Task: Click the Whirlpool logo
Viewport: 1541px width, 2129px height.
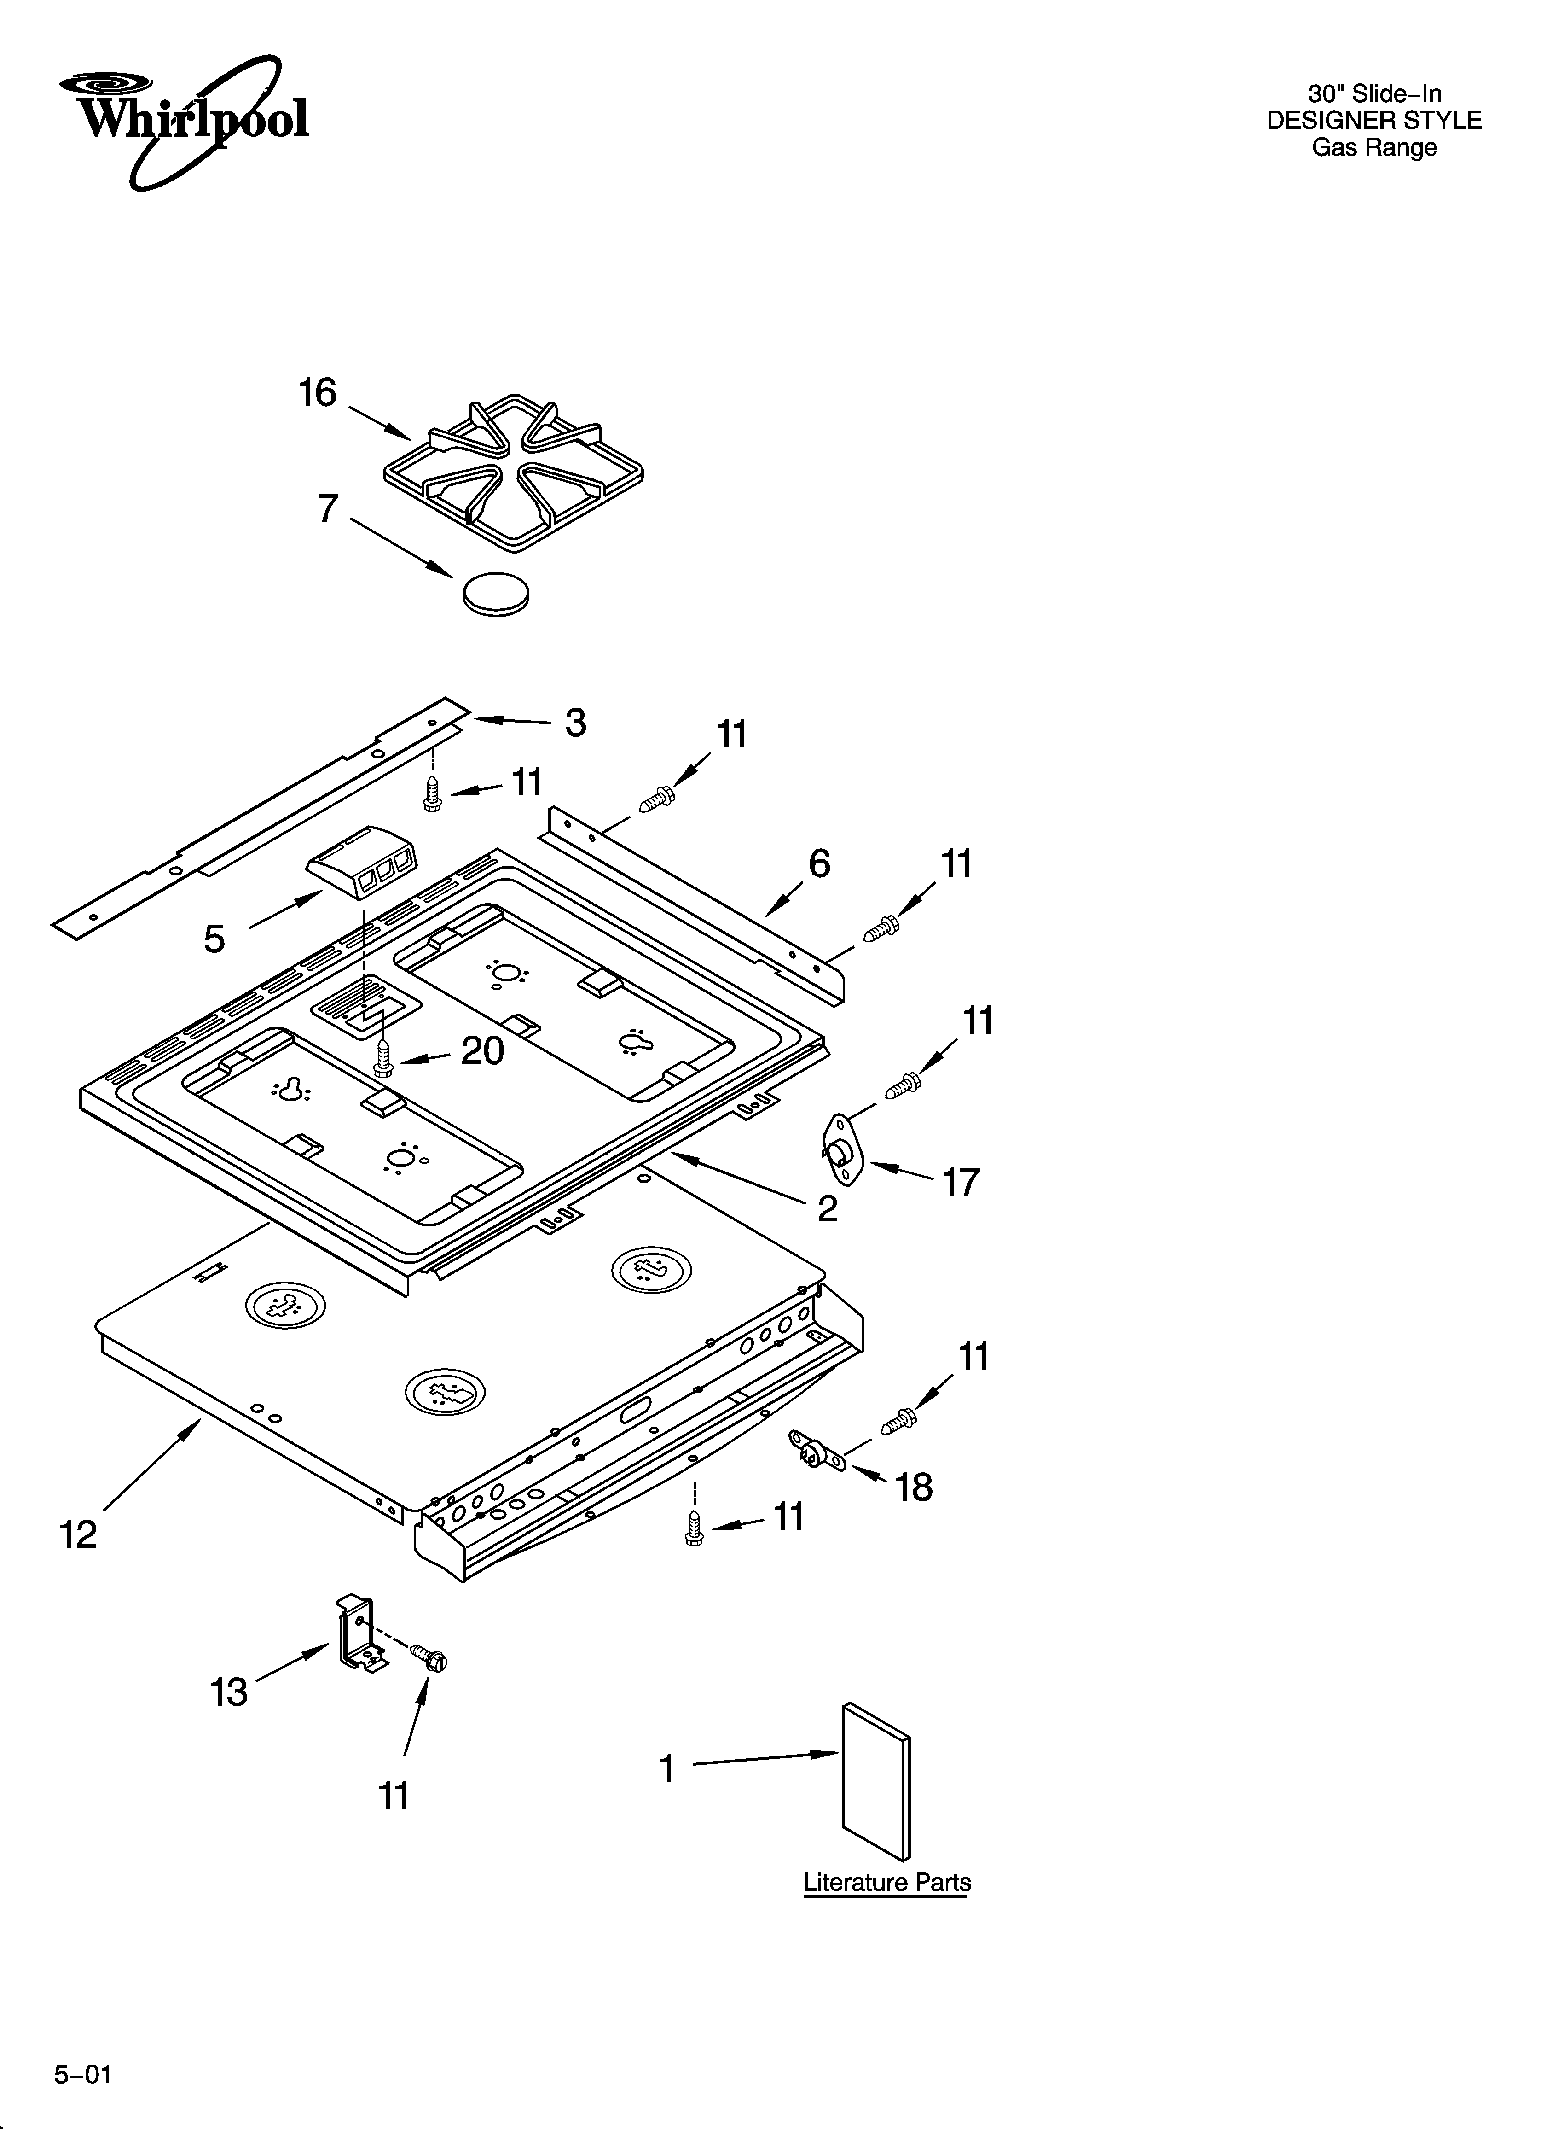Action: (x=184, y=120)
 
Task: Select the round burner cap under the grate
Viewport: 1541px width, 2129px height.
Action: (x=496, y=593)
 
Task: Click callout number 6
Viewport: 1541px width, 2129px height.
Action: (x=819, y=863)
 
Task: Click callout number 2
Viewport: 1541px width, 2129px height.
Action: (x=827, y=1208)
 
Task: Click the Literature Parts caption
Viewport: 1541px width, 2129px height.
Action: (x=887, y=1883)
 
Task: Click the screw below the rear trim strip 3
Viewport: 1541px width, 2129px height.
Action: (x=433, y=793)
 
